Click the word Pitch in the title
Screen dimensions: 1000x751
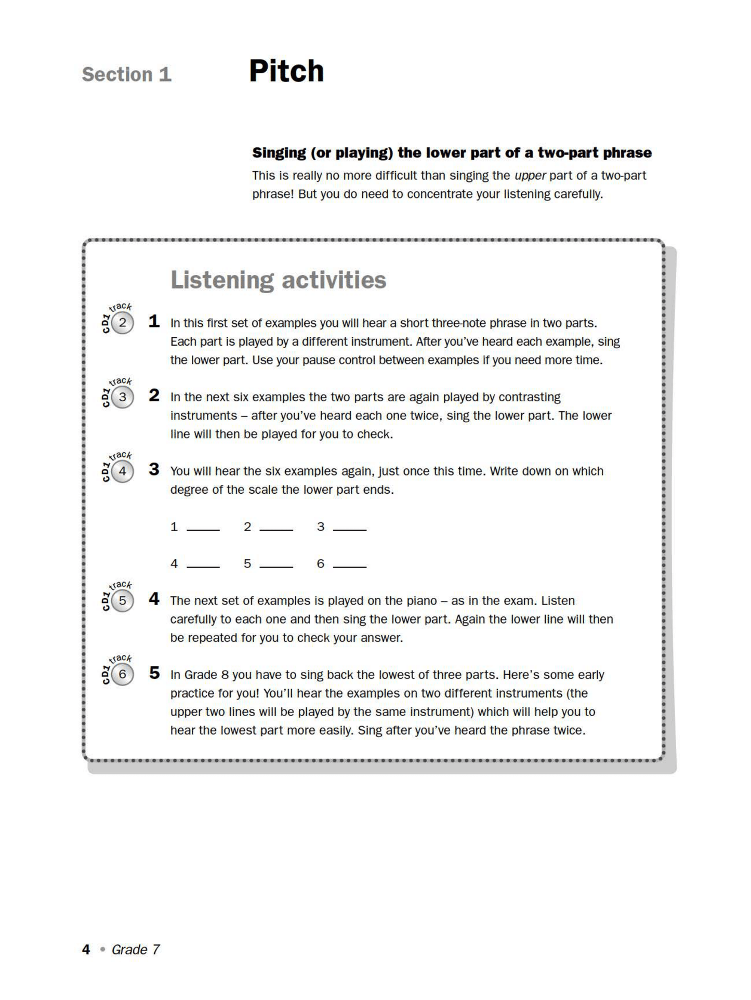tap(286, 71)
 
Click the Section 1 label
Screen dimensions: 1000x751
tap(126, 74)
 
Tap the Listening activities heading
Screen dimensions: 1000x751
tap(278, 280)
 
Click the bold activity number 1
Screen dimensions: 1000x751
tap(154, 321)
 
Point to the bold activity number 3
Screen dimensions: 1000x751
tap(154, 469)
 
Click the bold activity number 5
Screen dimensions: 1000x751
tap(154, 673)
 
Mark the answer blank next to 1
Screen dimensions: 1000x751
tap(203, 528)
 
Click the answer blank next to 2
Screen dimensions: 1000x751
tap(276, 528)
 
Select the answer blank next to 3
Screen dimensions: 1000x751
tap(349, 528)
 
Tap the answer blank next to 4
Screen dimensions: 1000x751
tap(203, 564)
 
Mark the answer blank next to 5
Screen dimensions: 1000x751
tap(276, 564)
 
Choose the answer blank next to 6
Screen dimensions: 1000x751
tap(349, 564)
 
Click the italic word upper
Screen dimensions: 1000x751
tap(530, 176)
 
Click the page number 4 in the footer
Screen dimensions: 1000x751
tap(86, 950)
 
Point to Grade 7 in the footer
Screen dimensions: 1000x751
tap(136, 950)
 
